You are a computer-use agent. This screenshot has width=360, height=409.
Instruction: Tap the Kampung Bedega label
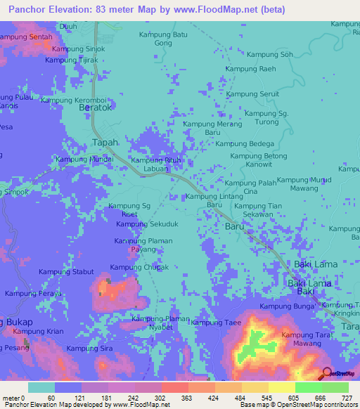click(x=245, y=143)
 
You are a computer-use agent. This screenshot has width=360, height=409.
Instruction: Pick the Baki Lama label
click(x=315, y=264)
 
